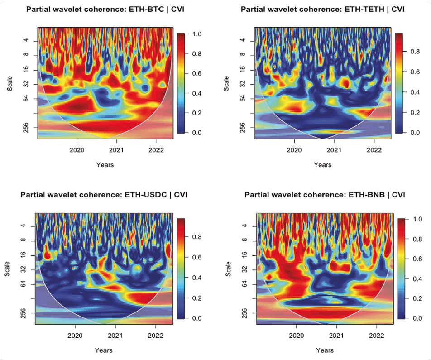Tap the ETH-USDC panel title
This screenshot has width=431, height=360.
coord(104,195)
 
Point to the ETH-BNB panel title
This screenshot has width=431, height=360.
coord(325,195)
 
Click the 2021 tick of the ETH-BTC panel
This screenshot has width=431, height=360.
coord(116,150)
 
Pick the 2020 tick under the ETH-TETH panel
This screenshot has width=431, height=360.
coord(295,150)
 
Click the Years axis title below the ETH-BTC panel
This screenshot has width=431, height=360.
coord(105,165)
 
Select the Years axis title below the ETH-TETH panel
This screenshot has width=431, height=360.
coord(322,165)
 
